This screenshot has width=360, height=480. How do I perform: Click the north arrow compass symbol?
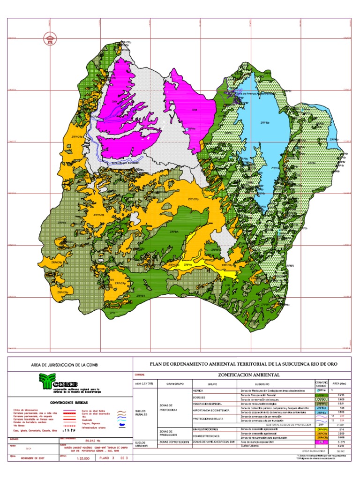coord(49,39)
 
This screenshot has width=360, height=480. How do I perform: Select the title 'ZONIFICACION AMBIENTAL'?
coord(248,375)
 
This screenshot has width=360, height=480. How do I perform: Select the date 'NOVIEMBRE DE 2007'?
coord(33,458)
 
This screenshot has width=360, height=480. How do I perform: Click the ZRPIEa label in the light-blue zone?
coord(266,123)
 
